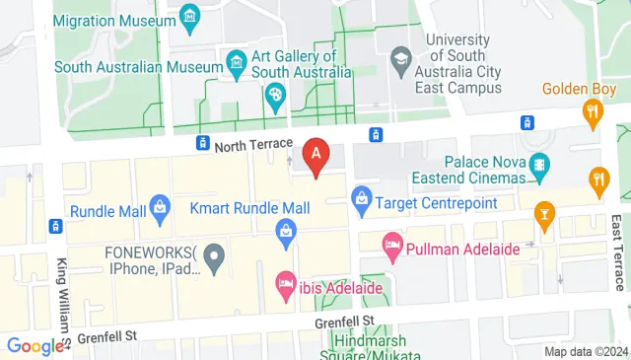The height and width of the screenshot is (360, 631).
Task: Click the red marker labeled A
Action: tap(315, 154)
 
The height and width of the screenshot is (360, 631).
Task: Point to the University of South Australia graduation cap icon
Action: tap(400, 58)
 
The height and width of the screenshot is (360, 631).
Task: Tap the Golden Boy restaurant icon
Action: tap(593, 111)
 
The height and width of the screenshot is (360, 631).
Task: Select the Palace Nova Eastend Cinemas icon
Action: tap(538, 163)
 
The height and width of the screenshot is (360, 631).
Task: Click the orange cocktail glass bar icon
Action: tap(543, 213)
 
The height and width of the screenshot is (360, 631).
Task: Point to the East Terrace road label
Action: tap(617, 251)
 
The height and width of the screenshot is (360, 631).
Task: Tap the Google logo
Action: tap(35, 346)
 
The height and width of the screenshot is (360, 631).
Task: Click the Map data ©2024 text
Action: tap(586, 351)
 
